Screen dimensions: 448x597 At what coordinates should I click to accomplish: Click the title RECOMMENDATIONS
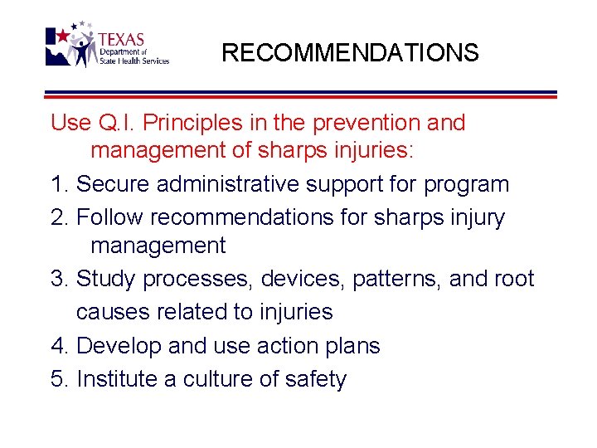(x=350, y=53)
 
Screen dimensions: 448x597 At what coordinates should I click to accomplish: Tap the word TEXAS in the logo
(x=121, y=40)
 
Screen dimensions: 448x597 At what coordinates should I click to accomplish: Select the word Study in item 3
(x=106, y=280)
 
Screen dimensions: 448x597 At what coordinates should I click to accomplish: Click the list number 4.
(x=57, y=346)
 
